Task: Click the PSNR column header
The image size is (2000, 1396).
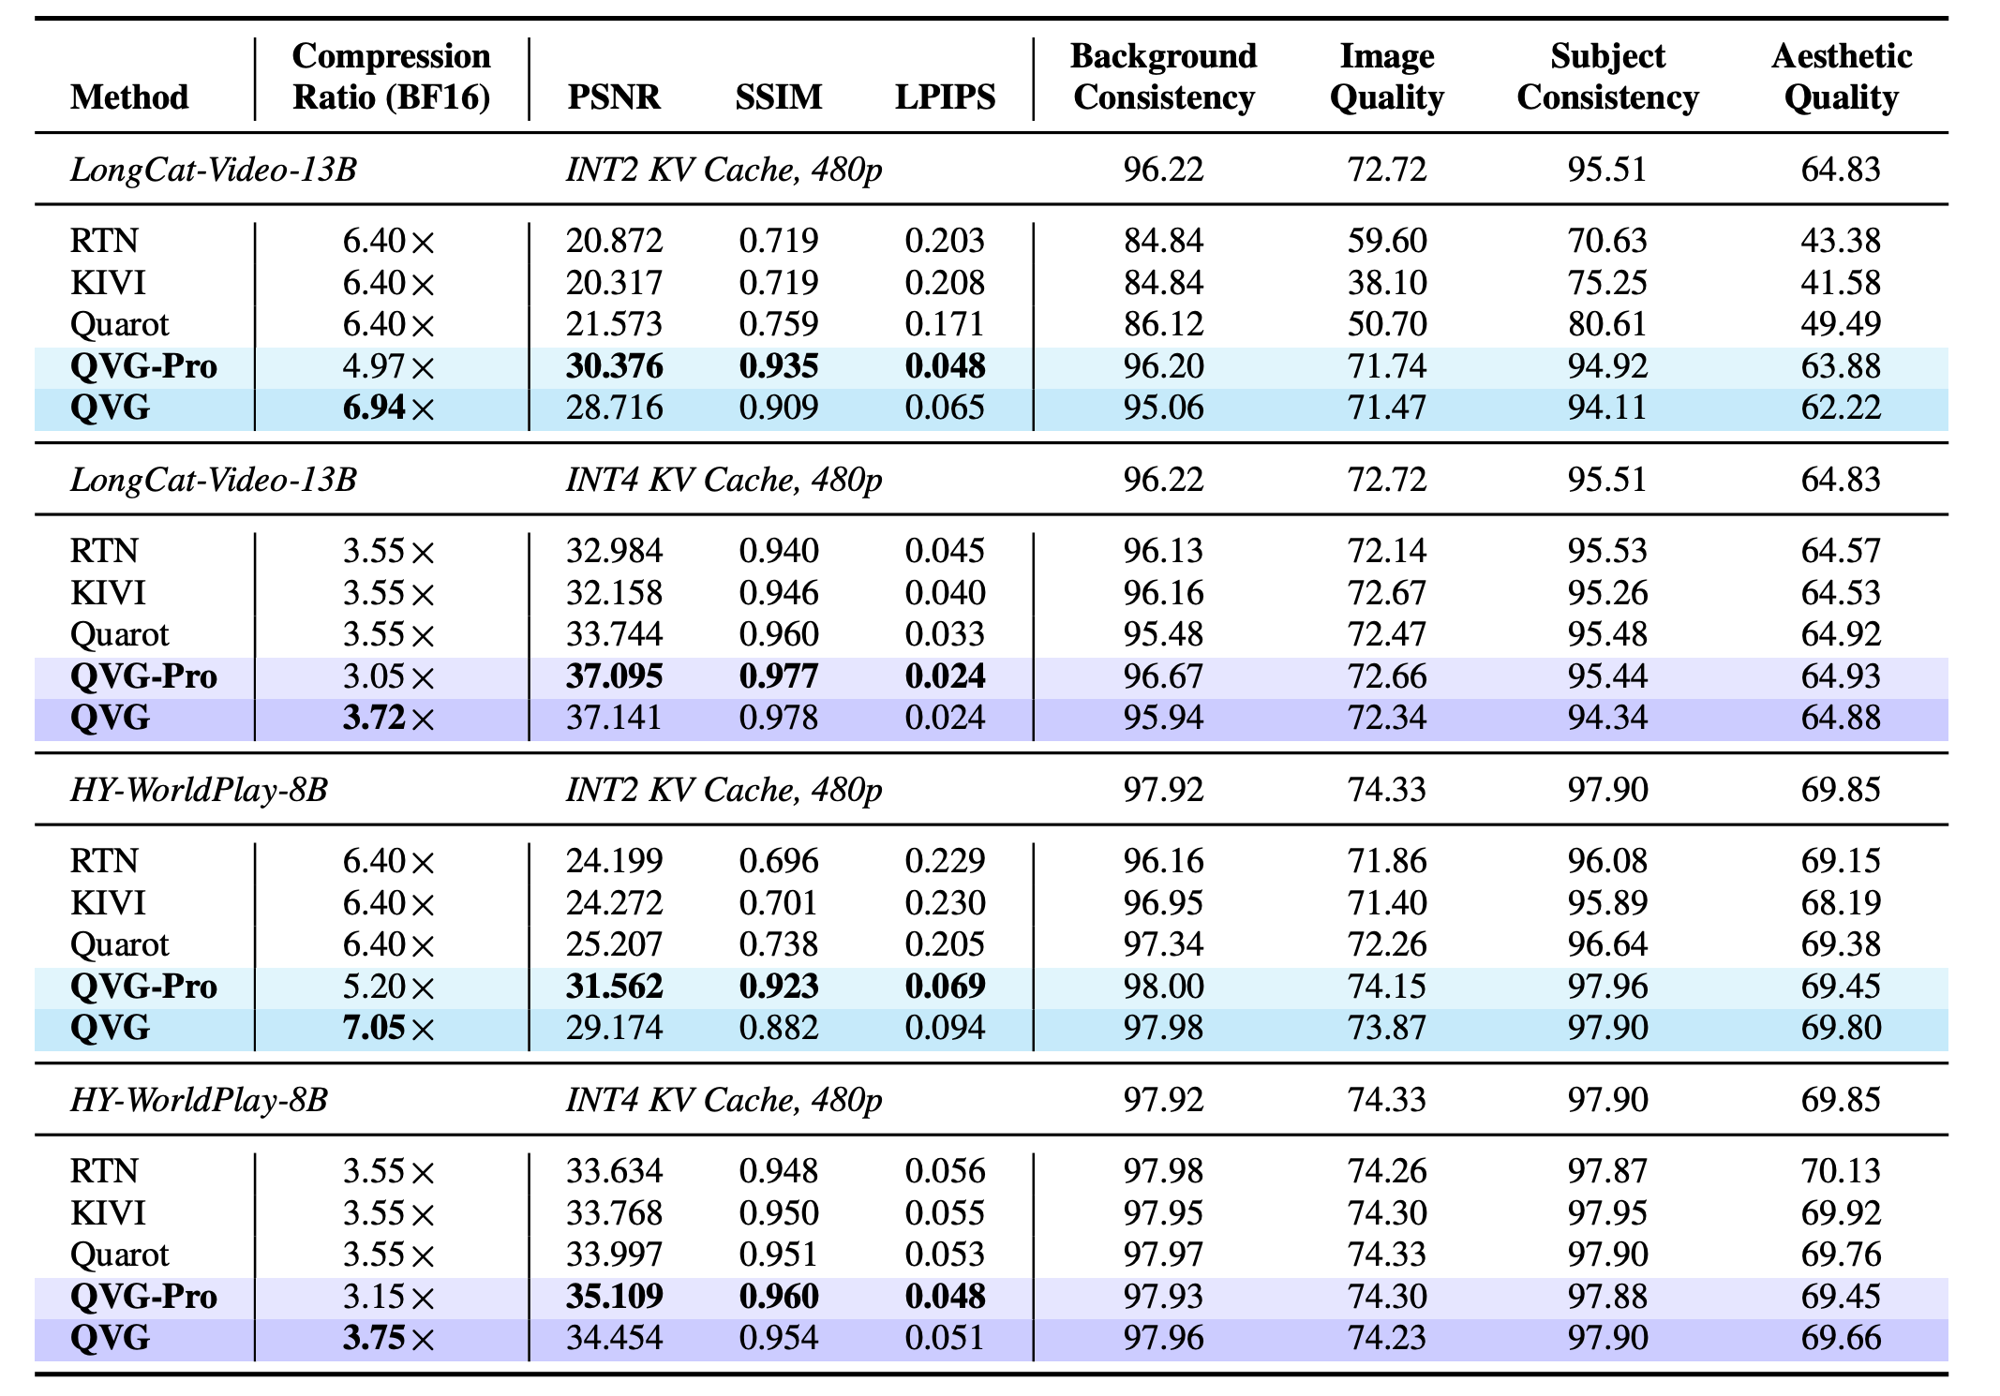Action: coord(614,97)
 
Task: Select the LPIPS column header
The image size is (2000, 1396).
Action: coord(945,97)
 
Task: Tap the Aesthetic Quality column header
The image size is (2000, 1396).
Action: coord(1841,77)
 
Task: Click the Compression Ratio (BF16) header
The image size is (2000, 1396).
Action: coord(391,77)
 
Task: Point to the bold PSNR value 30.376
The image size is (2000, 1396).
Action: coord(614,366)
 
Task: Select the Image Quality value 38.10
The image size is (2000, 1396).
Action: coord(1387,283)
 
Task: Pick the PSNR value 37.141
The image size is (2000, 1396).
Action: coord(614,719)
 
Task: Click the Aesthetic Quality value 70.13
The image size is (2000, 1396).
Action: coord(1841,1171)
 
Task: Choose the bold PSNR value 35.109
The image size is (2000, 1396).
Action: coord(614,1297)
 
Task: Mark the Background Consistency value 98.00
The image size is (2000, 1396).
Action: coord(1163,987)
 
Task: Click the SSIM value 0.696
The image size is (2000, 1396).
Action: coord(779,861)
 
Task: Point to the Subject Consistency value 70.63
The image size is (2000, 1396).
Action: coord(1607,241)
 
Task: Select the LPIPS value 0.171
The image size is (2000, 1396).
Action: coord(945,324)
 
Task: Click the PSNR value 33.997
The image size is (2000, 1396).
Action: coord(614,1255)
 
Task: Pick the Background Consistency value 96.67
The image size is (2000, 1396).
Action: coord(1163,676)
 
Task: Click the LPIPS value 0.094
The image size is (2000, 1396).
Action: coord(945,1029)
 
